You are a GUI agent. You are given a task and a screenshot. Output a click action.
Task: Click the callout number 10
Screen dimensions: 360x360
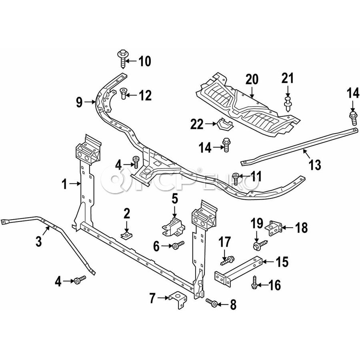[144, 62]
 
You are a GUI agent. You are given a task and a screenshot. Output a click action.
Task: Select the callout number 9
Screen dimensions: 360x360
[79, 103]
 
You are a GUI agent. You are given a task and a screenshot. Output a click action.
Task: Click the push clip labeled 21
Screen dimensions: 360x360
[287, 102]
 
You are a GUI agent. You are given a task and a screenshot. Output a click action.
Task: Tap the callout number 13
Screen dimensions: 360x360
[315, 164]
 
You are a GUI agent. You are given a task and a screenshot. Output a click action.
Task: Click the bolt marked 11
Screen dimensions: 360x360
[236, 176]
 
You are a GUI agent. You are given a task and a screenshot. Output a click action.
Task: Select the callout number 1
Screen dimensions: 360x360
[65, 184]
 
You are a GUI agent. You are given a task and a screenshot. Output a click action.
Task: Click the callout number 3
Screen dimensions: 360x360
[38, 241]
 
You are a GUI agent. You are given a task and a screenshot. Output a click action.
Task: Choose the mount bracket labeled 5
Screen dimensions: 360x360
[173, 225]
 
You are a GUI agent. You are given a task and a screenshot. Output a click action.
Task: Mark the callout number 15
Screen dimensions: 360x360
[282, 262]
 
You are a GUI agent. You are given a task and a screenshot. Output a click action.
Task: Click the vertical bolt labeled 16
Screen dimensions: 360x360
[254, 282]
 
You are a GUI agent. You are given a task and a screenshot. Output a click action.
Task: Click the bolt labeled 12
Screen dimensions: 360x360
[123, 94]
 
